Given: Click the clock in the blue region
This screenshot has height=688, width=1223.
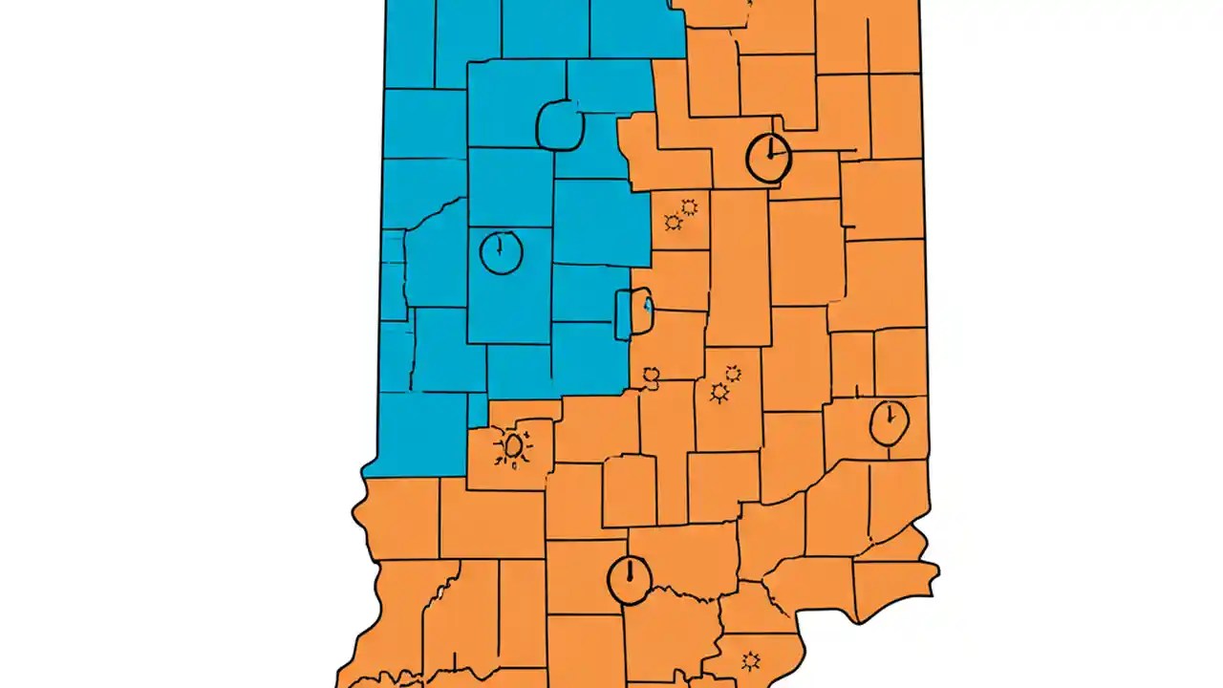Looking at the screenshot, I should point(501,252).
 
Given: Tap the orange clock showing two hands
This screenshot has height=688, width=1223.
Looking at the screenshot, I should point(768,158).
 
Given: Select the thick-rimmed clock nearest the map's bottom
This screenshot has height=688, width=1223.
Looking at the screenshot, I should point(629,580).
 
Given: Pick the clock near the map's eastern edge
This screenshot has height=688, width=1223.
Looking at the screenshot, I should point(890,422).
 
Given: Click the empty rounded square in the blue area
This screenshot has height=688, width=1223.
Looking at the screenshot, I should point(560,126).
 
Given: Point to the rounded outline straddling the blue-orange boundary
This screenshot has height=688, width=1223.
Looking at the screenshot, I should point(633,312).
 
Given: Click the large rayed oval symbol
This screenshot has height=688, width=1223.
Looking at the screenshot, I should point(513,446).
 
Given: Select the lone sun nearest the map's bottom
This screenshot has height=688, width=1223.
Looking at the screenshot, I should point(750,660).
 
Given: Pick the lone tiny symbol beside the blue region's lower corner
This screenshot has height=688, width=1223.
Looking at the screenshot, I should point(653,375).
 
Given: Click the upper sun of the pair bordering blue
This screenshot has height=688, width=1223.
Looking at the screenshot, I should point(688,206).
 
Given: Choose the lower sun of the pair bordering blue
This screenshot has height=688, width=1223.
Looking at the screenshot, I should point(673,223).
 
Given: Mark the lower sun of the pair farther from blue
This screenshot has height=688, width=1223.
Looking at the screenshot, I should point(719,393).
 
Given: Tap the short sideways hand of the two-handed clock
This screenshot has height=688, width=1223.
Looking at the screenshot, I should point(777,155).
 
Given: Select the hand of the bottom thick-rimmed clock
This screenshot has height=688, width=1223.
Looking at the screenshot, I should point(630,571).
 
